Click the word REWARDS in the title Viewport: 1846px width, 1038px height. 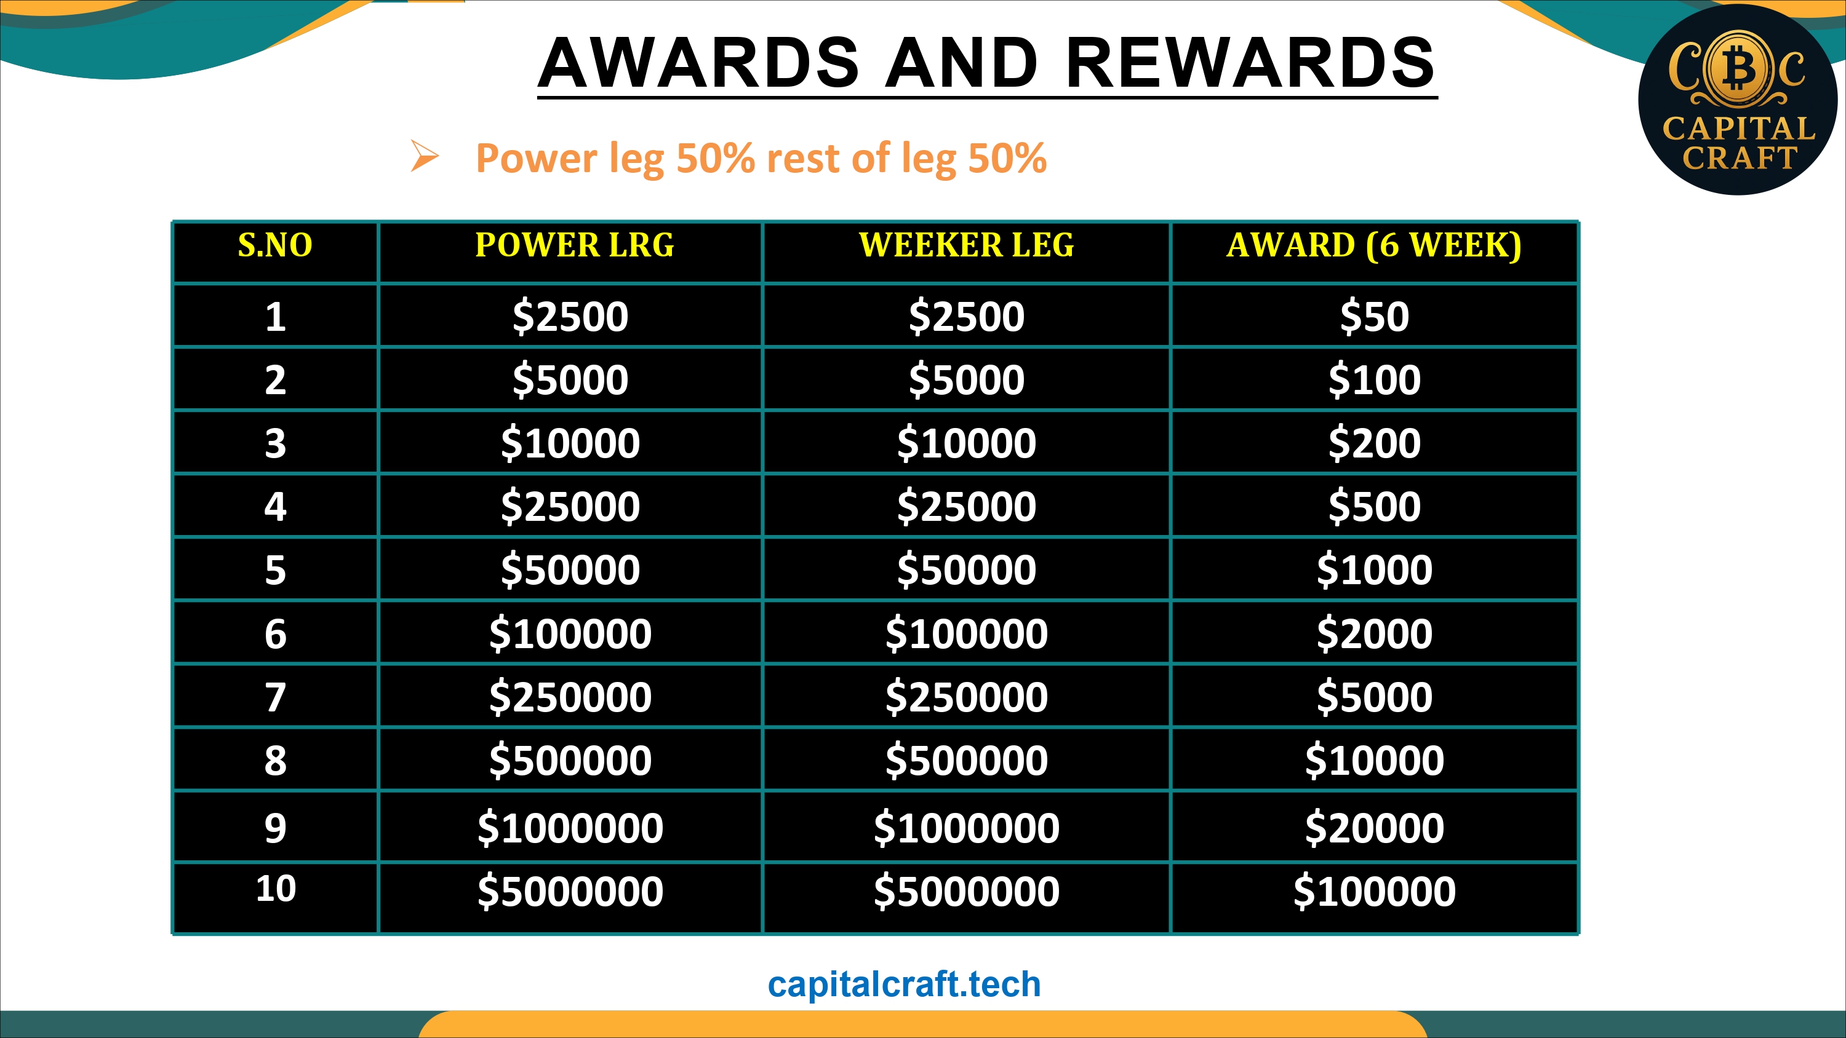pyautogui.click(x=1250, y=63)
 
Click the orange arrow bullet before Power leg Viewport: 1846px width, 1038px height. pyautogui.click(x=424, y=156)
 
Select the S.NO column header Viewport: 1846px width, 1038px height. pyautogui.click(x=275, y=245)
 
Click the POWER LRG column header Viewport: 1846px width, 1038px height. pyautogui.click(x=575, y=245)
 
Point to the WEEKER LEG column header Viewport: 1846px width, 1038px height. pyautogui.click(x=967, y=245)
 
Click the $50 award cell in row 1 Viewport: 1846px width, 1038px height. pyautogui.click(x=1375, y=317)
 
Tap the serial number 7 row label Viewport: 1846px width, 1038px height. pyautogui.click(x=275, y=697)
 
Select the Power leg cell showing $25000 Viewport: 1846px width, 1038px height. pyautogui.click(x=570, y=507)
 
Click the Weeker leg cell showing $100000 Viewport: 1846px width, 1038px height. pyautogui.click(x=967, y=634)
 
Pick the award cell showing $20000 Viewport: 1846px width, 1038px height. pyautogui.click(x=1375, y=828)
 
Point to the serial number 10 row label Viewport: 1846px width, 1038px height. pyautogui.click(x=276, y=889)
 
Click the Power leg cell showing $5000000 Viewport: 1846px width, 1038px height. pyautogui.click(x=570, y=892)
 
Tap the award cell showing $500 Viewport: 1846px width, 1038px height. pyautogui.click(x=1375, y=507)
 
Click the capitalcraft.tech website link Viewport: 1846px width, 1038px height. pyautogui.click(x=904, y=985)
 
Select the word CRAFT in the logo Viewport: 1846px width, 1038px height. pyautogui.click(x=1740, y=157)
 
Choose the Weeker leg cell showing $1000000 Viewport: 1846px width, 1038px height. pyautogui.click(x=967, y=828)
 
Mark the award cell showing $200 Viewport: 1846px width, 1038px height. pyautogui.click(x=1375, y=443)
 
